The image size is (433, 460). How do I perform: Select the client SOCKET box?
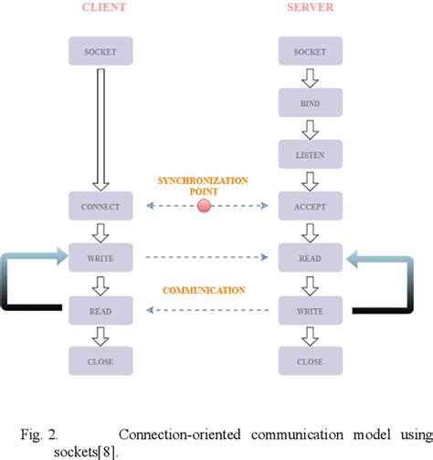pos(101,51)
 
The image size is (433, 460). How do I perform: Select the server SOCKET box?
pos(310,51)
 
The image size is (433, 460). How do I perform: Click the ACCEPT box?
pos(310,206)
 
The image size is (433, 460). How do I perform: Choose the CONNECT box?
pos(101,206)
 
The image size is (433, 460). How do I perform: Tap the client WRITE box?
pos(101,258)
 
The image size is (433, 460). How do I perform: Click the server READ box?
pos(310,258)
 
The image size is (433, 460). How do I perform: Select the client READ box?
pos(101,310)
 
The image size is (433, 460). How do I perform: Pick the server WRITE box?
pos(310,310)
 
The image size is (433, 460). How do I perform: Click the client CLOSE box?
pos(101,361)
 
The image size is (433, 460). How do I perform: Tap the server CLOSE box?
pos(310,361)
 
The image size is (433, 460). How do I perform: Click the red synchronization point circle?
pos(205,206)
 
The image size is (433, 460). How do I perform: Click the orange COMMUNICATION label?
pos(204,290)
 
